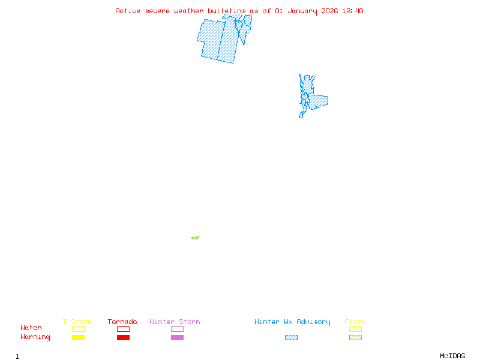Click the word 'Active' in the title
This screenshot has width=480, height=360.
127,11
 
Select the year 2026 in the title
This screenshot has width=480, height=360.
329,11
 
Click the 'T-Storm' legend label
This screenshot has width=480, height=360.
77,322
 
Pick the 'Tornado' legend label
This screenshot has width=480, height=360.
122,322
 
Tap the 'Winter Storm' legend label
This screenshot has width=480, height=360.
175,322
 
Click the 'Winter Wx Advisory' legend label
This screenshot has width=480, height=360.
292,322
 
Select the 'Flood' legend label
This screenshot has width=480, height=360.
355,322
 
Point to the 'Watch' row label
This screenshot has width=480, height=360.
31,328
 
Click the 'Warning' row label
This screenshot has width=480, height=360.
35,337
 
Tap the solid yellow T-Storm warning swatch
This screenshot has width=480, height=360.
78,338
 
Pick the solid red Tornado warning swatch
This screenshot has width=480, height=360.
123,338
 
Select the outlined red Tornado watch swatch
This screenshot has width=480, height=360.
123,329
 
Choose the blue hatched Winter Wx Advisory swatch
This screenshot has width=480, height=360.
291,338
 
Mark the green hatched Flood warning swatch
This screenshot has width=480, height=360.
355,338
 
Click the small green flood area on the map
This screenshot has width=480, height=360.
196,238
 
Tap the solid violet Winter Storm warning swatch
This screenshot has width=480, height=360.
177,338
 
